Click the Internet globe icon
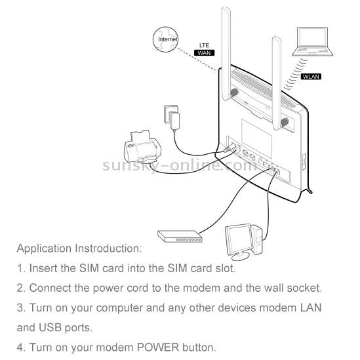click(x=165, y=39)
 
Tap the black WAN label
click(x=204, y=53)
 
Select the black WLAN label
click(x=311, y=77)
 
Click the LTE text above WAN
click(x=204, y=45)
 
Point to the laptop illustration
click(x=313, y=41)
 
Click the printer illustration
click(x=142, y=146)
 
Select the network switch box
click(x=180, y=236)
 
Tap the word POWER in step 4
click(x=158, y=347)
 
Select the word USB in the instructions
click(x=50, y=327)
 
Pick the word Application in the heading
click(x=44, y=249)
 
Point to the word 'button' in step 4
click(x=199, y=347)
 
